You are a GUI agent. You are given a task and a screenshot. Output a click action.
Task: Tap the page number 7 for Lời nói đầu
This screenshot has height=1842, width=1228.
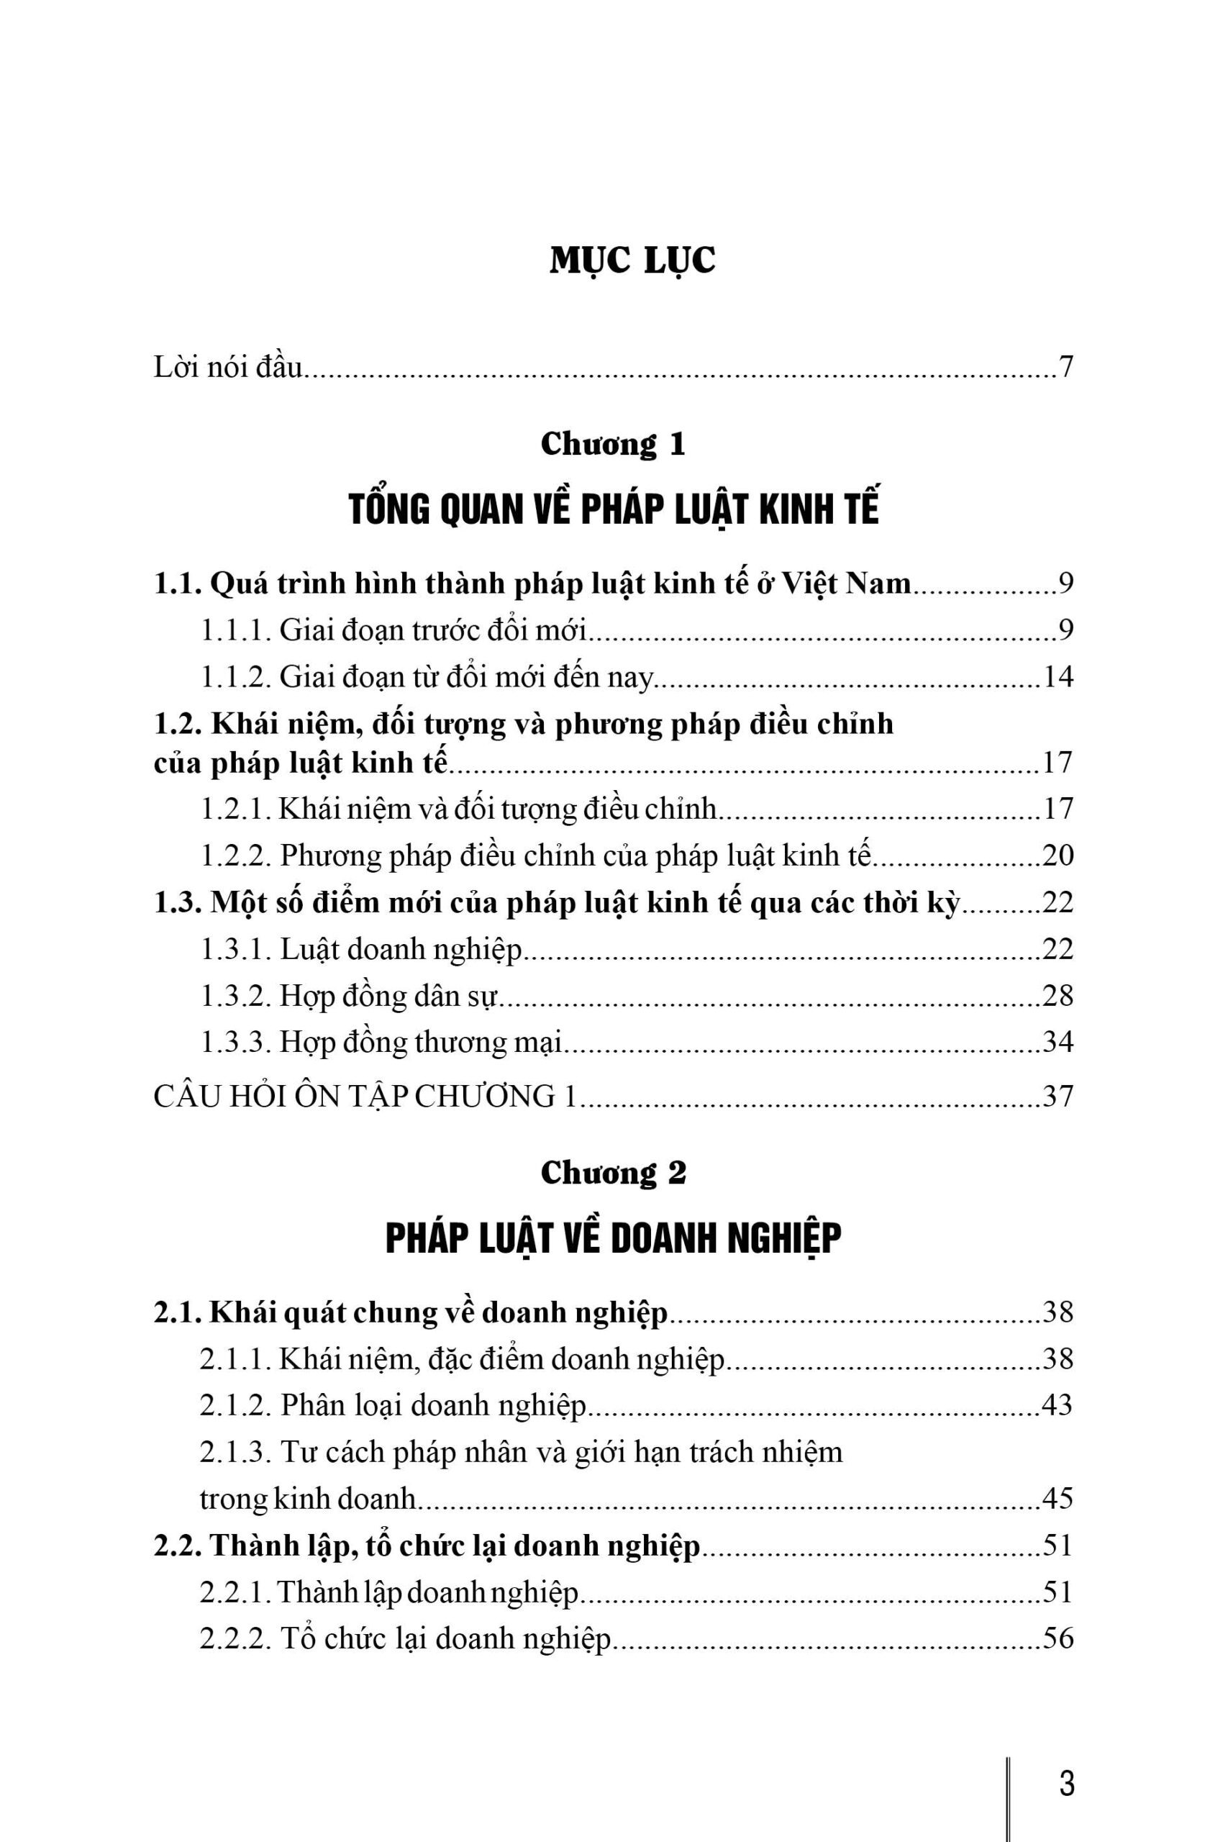(1064, 366)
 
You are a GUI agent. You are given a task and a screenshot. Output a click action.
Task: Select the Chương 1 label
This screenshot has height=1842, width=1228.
(613, 444)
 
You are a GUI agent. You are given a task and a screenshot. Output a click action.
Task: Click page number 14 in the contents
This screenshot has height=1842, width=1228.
(1058, 676)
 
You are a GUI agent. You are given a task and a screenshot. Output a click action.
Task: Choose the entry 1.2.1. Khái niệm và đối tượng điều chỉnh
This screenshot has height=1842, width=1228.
(458, 809)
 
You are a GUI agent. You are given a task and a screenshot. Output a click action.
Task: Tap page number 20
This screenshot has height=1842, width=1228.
(1058, 856)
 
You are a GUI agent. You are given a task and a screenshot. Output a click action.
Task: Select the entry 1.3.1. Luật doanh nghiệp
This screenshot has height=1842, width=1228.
(361, 949)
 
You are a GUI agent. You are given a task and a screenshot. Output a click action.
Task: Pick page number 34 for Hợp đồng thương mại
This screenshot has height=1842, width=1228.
(1058, 1043)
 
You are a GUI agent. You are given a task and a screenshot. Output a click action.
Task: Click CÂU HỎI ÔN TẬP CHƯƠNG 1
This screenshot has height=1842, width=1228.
(365, 1097)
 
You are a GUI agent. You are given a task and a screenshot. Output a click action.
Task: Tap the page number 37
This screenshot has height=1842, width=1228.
(1058, 1097)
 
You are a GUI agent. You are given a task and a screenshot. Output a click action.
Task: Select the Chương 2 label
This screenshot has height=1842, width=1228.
(613, 1172)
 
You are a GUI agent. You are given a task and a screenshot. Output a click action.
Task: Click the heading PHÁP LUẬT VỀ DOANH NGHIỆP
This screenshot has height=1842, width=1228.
(613, 1238)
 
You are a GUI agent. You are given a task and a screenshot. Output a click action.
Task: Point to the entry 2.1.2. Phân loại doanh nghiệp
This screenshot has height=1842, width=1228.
(392, 1405)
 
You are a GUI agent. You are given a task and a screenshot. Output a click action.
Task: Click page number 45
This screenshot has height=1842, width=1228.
(1058, 1498)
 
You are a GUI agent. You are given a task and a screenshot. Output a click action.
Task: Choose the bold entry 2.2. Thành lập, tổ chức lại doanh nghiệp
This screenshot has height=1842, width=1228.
(427, 1546)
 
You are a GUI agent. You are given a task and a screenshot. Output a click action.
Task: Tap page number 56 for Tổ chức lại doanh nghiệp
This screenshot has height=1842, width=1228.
(1058, 1638)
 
